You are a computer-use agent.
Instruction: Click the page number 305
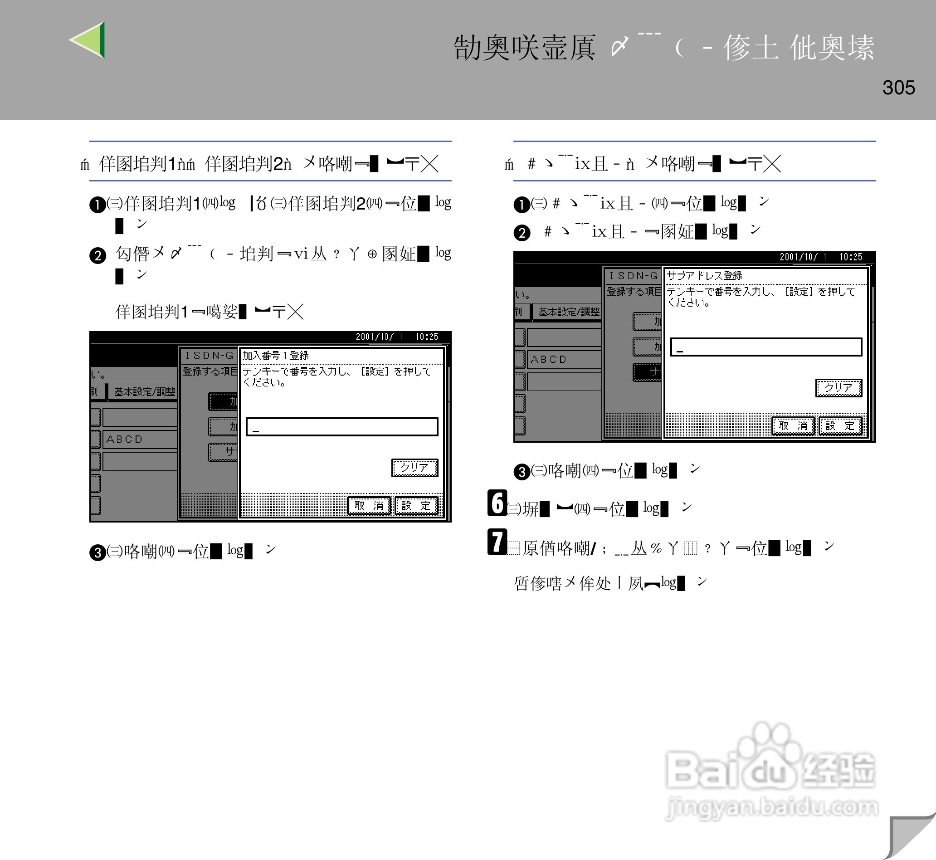point(898,88)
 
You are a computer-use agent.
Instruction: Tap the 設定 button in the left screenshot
point(416,506)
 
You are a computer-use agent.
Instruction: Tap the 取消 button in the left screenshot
point(369,506)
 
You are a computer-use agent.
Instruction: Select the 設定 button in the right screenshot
point(840,426)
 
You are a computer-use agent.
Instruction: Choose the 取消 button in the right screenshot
point(793,426)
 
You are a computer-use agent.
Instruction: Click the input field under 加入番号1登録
point(342,427)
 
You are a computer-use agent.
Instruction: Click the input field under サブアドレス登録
point(766,347)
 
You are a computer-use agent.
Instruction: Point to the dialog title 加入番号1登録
point(275,356)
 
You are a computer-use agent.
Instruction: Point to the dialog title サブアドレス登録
point(704,275)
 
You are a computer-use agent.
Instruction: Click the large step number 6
point(497,503)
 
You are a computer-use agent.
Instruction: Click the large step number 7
point(497,542)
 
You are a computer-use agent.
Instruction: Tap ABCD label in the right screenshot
point(549,359)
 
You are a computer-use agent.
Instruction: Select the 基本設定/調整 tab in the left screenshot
point(145,392)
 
